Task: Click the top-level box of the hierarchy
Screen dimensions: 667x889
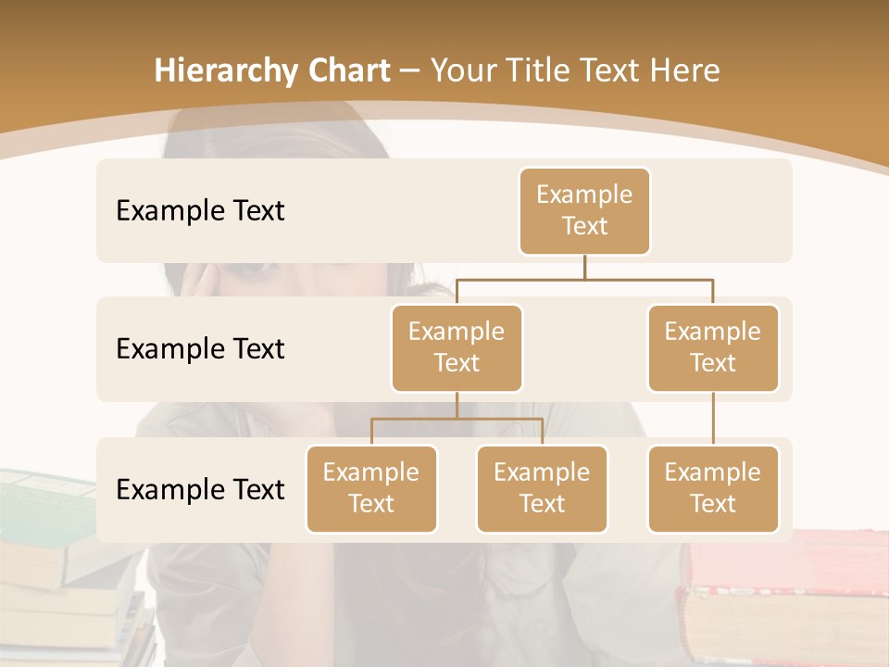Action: tap(584, 211)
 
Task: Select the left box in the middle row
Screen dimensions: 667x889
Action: tap(457, 348)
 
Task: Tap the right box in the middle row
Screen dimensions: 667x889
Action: tap(713, 348)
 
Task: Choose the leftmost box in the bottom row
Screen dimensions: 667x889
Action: tap(371, 489)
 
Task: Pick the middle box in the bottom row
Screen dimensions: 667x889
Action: tap(542, 489)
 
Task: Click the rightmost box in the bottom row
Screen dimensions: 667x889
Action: tap(713, 489)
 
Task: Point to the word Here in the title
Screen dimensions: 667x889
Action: tap(685, 70)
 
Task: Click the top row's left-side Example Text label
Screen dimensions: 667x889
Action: tap(200, 211)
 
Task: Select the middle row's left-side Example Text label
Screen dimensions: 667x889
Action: tap(200, 349)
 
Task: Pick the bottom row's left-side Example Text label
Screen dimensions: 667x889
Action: tap(200, 490)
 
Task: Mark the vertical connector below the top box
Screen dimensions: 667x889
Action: tap(584, 267)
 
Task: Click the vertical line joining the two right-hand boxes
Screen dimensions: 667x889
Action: tap(713, 419)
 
